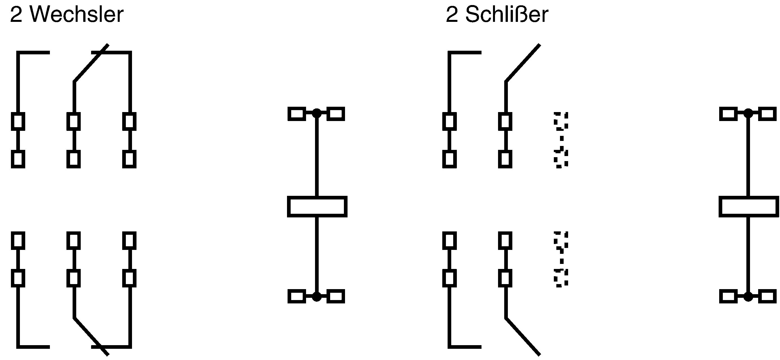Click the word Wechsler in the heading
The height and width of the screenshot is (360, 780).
(x=77, y=14)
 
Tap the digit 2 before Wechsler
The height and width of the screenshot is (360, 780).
(x=16, y=15)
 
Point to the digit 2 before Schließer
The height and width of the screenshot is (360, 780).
(x=452, y=15)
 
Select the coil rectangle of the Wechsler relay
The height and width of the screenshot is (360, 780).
(x=317, y=206)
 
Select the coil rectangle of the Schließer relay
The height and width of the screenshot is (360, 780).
(x=749, y=206)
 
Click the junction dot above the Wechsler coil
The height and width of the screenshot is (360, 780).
(x=317, y=113)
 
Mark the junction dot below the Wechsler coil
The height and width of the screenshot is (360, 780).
(x=317, y=297)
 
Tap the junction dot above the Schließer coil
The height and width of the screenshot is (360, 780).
(x=748, y=113)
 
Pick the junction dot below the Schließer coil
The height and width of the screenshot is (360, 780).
(x=748, y=297)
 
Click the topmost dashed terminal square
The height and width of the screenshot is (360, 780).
(x=561, y=121)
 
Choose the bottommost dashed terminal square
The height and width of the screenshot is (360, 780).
(x=561, y=278)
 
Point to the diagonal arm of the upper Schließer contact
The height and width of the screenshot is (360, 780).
(x=523, y=63)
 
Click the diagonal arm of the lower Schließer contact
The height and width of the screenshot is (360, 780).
(x=523, y=336)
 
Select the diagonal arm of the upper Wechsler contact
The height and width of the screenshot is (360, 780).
(x=91, y=63)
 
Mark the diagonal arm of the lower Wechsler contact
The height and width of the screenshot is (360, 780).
(x=91, y=336)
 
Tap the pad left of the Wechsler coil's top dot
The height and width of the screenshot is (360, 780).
(x=297, y=114)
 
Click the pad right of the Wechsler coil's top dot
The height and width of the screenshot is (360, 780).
(x=336, y=114)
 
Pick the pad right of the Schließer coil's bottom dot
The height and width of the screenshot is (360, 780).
(x=767, y=296)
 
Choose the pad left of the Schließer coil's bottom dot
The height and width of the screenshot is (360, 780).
(x=728, y=296)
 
